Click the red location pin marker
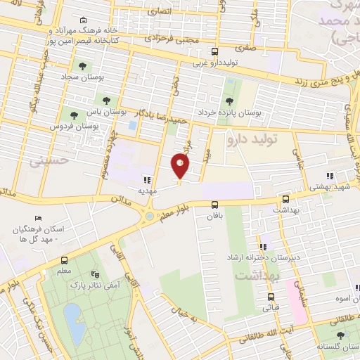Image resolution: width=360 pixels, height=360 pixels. [180, 167]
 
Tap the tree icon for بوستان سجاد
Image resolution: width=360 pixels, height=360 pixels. [83, 66]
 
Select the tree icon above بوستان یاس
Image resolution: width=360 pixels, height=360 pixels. [106, 101]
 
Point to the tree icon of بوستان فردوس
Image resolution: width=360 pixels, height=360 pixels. [72, 115]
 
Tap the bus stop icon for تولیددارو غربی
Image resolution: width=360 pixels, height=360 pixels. [215, 51]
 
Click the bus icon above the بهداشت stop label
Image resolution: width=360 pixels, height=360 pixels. [285, 199]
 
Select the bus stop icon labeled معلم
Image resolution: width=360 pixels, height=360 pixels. [64, 260]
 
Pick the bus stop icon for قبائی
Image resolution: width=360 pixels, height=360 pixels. [271, 297]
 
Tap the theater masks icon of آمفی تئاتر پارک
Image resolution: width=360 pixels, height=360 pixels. [96, 275]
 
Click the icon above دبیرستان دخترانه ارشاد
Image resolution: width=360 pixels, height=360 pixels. [263, 246]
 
